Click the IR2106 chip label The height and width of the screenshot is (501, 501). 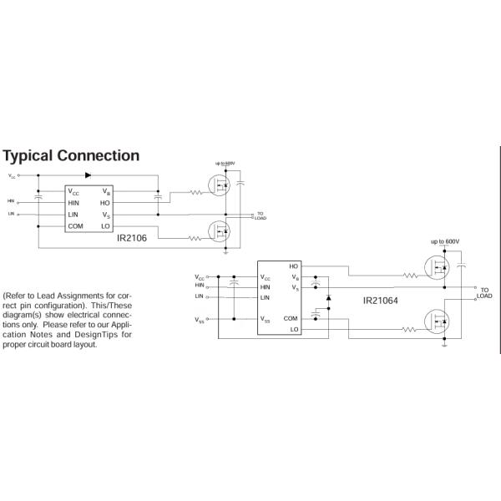click(x=132, y=238)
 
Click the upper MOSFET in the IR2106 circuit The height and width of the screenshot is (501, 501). click(x=220, y=185)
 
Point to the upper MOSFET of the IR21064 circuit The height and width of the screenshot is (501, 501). click(x=437, y=269)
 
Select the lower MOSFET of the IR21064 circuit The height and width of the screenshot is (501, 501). click(x=437, y=321)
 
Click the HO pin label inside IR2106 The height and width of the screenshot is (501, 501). click(x=105, y=203)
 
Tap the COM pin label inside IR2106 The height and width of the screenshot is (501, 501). click(x=76, y=226)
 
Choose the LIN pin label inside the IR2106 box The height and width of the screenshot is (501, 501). click(x=73, y=215)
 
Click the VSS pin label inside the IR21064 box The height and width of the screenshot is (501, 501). click(x=266, y=319)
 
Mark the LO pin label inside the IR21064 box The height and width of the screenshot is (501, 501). click(x=294, y=330)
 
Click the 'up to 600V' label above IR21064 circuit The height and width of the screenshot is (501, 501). click(x=445, y=242)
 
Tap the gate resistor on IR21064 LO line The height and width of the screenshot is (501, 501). click(x=409, y=330)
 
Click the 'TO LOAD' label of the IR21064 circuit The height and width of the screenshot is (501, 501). click(x=484, y=292)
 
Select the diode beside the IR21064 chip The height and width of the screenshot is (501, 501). click(x=328, y=298)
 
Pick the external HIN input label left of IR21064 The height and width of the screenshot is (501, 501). click(x=199, y=286)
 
